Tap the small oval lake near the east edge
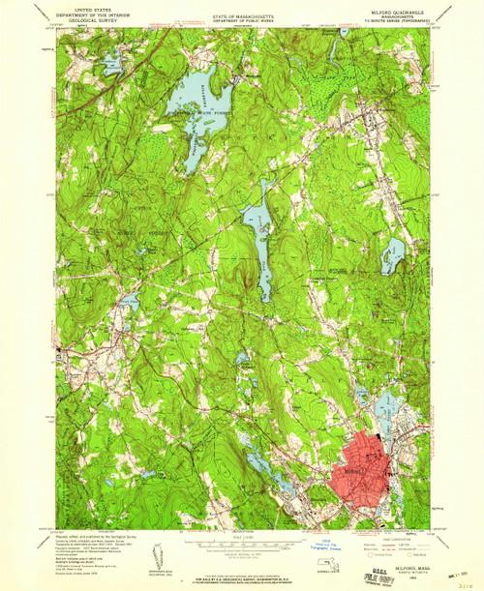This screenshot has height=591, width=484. point(392,255)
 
